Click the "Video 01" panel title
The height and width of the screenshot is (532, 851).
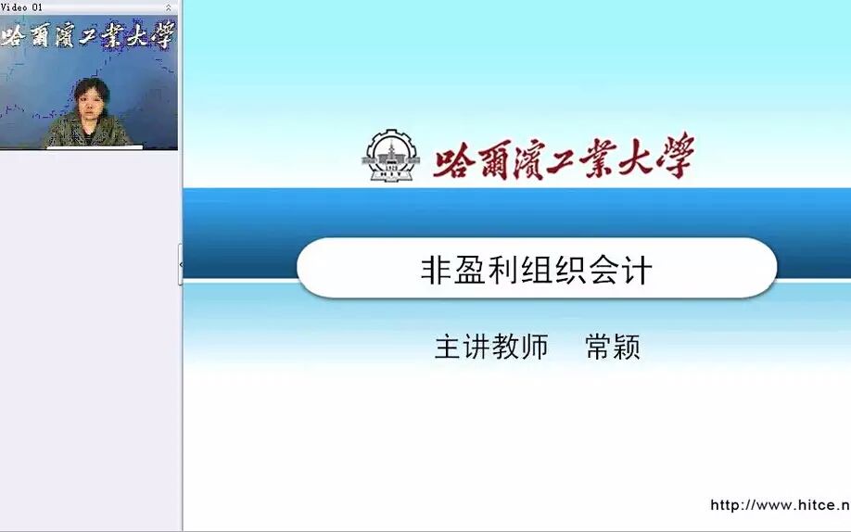21,6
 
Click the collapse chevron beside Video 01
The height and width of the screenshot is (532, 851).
168,6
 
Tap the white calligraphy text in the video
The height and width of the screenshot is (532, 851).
88,36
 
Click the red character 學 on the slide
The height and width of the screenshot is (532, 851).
674,158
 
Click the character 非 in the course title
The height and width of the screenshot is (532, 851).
436,270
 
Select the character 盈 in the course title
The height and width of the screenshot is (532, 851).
472,270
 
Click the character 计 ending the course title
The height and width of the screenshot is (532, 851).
638,270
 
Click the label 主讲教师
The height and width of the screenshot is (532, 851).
491,347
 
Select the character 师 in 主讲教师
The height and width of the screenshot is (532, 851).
535,347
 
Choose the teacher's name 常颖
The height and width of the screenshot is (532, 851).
613,347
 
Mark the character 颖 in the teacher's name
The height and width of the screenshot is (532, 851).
628,347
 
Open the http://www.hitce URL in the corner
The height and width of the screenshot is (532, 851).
780,505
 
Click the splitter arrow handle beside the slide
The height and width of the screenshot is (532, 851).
181,265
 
